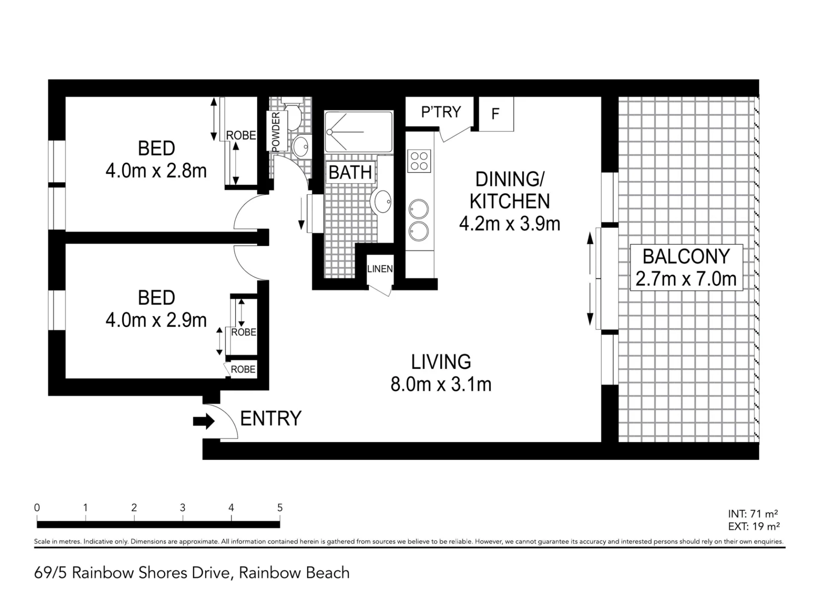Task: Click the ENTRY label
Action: coord(271,418)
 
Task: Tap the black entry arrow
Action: coord(204,421)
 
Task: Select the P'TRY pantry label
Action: coord(441,112)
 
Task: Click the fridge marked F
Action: coord(496,114)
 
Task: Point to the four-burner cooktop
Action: coord(419,161)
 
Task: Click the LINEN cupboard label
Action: coord(380,269)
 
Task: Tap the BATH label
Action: coord(350,172)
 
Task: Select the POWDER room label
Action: coord(276,132)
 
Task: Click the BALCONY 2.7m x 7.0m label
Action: coord(686,268)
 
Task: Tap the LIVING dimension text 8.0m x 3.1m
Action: coord(441,384)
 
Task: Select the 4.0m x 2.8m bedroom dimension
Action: coord(156,171)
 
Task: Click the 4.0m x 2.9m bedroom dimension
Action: coord(156,320)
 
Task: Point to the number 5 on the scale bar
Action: coord(280,507)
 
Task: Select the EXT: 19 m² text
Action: coord(754,527)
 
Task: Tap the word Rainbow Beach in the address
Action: coord(294,573)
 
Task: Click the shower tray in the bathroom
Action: coord(358,132)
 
